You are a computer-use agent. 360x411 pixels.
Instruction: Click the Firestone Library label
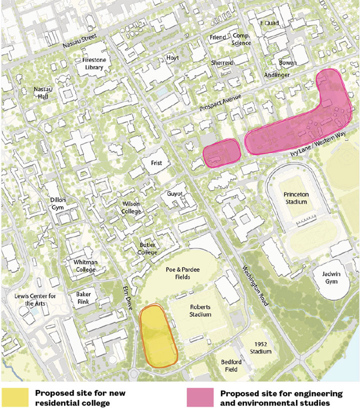pyautogui.click(x=89, y=63)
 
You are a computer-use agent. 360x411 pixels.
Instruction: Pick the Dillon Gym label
pyautogui.click(x=58, y=204)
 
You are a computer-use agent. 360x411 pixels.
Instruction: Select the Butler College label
pyautogui.click(x=147, y=249)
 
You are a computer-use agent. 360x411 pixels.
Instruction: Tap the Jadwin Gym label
pyautogui.click(x=327, y=278)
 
